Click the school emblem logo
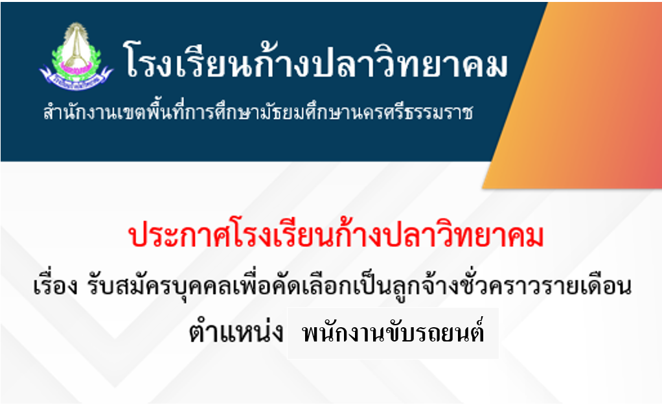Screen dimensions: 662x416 click(x=76, y=56)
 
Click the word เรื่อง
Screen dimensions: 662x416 click(x=55, y=284)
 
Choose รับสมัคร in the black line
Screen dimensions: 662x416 click(x=126, y=286)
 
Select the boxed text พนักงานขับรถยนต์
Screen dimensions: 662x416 click(x=393, y=333)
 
